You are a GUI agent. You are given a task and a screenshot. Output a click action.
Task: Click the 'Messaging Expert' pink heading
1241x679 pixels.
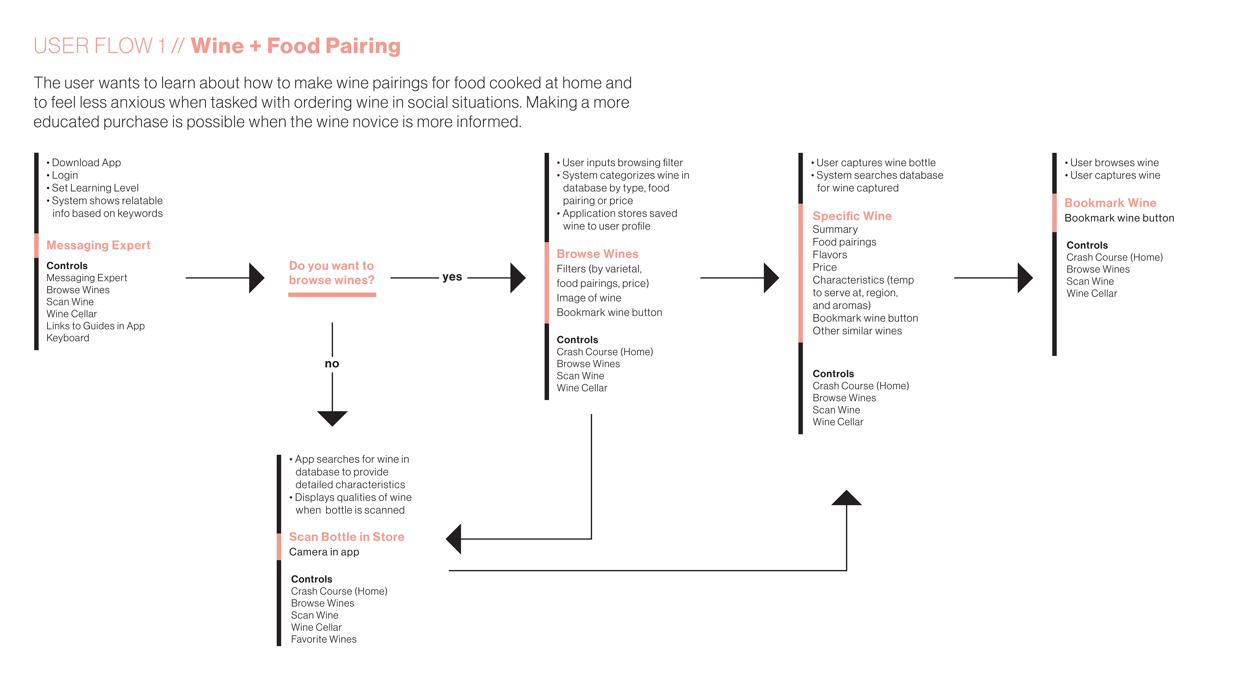click(98, 245)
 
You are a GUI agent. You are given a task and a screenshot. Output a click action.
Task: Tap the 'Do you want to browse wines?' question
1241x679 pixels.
click(332, 273)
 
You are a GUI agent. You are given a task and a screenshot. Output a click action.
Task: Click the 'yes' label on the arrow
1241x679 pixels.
click(452, 277)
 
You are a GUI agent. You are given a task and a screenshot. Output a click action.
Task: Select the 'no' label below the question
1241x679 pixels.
click(332, 364)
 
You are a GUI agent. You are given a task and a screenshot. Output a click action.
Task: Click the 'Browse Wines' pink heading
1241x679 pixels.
click(597, 254)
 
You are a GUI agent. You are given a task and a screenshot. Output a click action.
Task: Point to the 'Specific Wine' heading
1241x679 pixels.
click(852, 216)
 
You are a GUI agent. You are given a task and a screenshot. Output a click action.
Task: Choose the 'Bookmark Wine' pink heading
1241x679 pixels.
click(1110, 203)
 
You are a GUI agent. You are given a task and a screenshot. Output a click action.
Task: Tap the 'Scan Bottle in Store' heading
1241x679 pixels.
click(346, 537)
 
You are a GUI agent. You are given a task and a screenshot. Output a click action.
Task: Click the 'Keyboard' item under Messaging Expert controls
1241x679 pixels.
click(68, 338)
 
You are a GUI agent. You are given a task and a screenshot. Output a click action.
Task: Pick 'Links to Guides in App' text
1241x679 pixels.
click(95, 326)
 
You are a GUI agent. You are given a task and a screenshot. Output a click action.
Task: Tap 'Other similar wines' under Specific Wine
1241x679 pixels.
click(857, 331)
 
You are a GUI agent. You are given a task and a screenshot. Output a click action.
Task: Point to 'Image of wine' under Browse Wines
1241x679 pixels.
click(589, 298)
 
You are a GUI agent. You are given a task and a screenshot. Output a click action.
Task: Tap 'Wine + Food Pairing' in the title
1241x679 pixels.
click(295, 46)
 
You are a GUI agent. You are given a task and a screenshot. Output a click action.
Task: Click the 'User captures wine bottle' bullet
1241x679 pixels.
click(875, 163)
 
